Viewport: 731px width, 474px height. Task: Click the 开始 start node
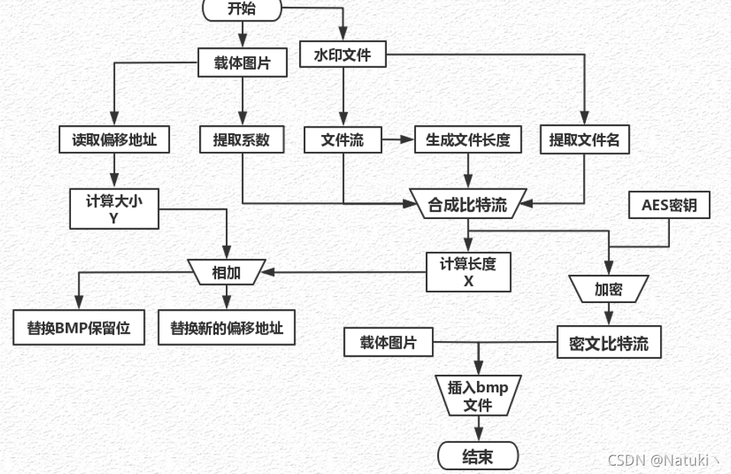coord(243,8)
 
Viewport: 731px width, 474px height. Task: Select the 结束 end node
coord(478,456)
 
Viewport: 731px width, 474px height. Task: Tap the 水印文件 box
coord(342,55)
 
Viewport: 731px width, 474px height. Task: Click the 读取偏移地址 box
coord(114,140)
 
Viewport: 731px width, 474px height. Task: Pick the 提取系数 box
coord(241,140)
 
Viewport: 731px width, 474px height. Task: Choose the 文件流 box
coord(343,140)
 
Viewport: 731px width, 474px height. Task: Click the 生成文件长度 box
coord(468,140)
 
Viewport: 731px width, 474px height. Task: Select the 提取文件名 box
coord(584,140)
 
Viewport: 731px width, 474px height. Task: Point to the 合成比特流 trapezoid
coord(468,203)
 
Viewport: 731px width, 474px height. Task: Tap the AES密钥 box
coord(669,205)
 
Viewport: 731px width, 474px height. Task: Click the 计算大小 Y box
coord(114,208)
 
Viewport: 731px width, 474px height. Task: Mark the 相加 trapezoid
coord(226,272)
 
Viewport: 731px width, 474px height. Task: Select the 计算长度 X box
coord(468,272)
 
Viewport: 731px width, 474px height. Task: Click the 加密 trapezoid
coord(608,289)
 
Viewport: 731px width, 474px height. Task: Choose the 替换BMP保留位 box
coord(79,328)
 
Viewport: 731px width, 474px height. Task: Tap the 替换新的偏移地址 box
coord(226,328)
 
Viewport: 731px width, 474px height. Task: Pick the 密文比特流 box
coord(608,343)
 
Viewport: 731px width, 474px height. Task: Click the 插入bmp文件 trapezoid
coord(478,395)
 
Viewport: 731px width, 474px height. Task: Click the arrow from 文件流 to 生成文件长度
coord(398,140)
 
